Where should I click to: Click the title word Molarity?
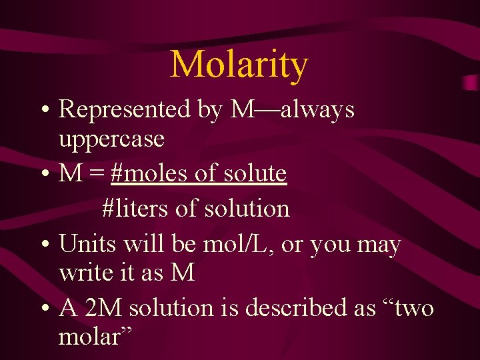tap(239, 65)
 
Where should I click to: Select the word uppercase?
tap(111, 139)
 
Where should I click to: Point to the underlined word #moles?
tap(149, 174)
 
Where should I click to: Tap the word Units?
tap(84, 245)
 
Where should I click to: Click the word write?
tap(83, 273)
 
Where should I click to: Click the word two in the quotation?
tap(409, 308)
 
